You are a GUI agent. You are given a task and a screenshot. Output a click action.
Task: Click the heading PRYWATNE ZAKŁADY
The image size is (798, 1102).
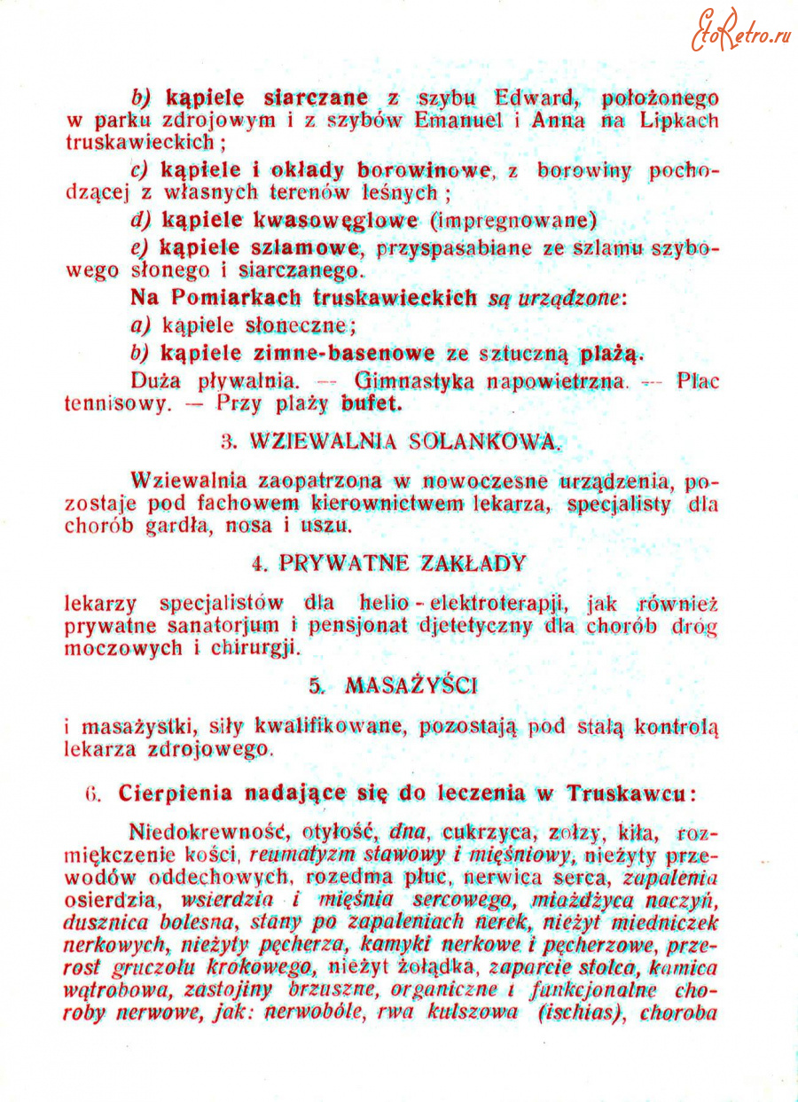(401, 563)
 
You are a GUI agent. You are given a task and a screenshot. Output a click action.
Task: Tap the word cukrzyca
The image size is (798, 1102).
(492, 833)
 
